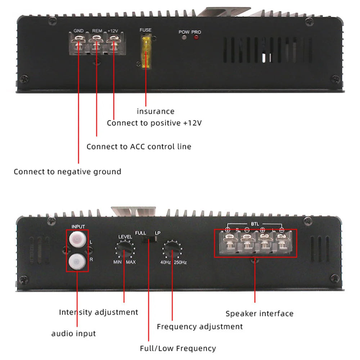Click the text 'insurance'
[156, 111]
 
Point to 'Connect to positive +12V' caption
[154, 123]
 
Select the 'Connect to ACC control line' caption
[139, 147]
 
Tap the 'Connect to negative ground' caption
[67, 171]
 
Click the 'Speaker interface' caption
[260, 314]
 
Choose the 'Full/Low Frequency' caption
[178, 348]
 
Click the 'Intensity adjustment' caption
[99, 312]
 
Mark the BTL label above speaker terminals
[255, 224]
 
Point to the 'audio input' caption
[74, 333]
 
